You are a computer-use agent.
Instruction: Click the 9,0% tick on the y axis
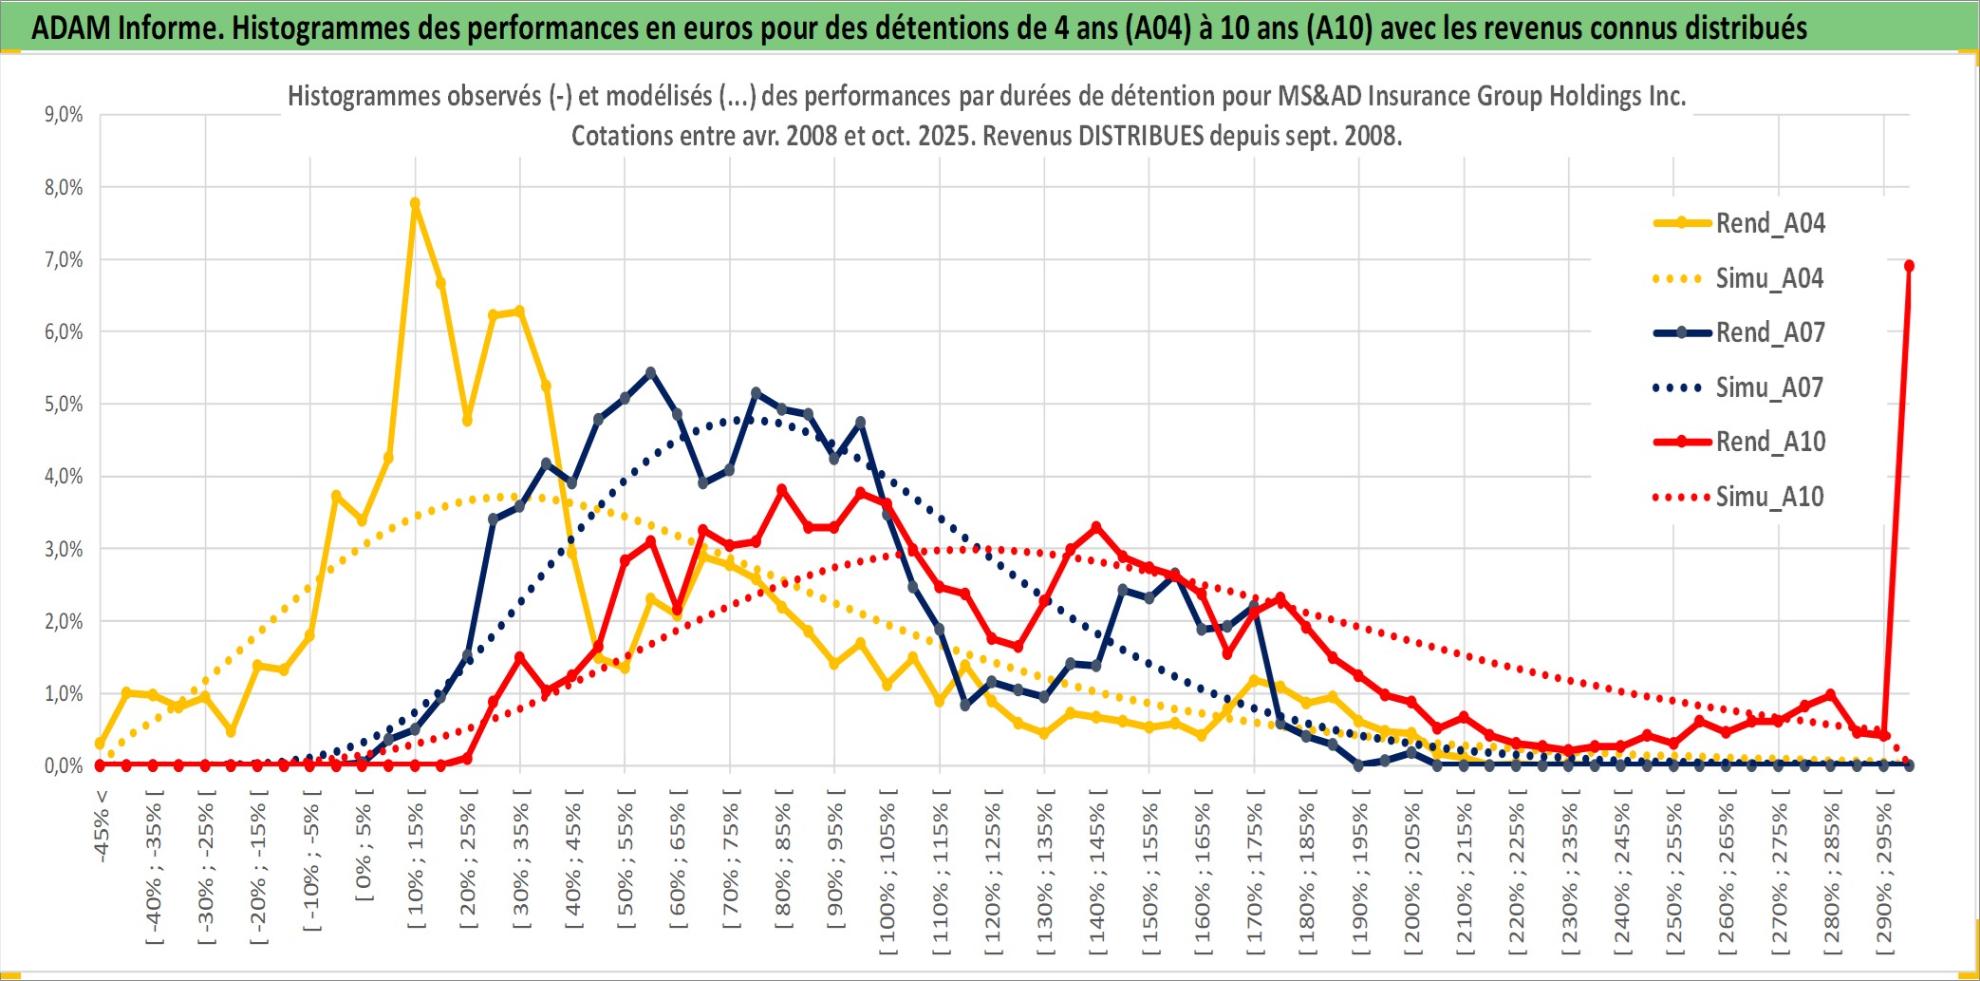(x=64, y=115)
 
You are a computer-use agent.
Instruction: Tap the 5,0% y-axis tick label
(x=64, y=405)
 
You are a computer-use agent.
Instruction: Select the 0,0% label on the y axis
(x=64, y=765)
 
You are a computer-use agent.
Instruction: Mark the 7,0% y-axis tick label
(x=64, y=259)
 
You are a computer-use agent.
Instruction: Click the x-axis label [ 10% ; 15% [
(x=416, y=864)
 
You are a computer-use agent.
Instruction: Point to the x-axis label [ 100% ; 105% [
(x=887, y=874)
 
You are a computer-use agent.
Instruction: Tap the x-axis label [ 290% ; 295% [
(x=1884, y=874)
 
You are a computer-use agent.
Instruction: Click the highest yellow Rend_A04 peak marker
(x=415, y=203)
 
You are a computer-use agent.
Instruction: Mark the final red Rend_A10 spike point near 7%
(x=1909, y=266)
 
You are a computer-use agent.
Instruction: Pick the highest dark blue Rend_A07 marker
(x=650, y=372)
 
